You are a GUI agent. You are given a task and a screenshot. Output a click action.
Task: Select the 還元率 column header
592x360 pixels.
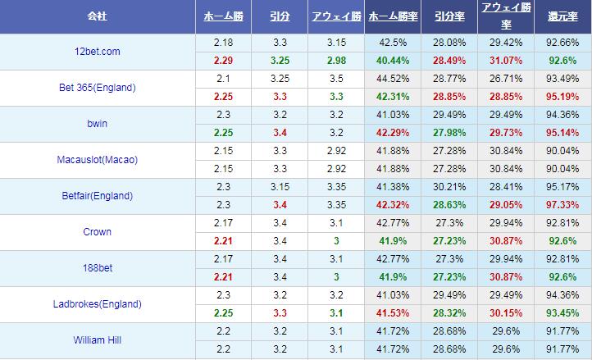point(562,16)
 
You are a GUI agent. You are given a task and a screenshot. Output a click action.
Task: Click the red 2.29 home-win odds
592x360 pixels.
point(223,61)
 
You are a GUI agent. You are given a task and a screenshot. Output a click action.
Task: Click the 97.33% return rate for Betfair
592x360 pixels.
point(562,205)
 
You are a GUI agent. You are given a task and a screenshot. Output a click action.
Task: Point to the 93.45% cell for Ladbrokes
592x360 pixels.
point(562,313)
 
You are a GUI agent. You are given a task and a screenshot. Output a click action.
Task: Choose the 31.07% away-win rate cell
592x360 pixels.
point(505,61)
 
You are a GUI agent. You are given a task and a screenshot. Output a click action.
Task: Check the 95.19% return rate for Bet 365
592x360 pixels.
point(562,97)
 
